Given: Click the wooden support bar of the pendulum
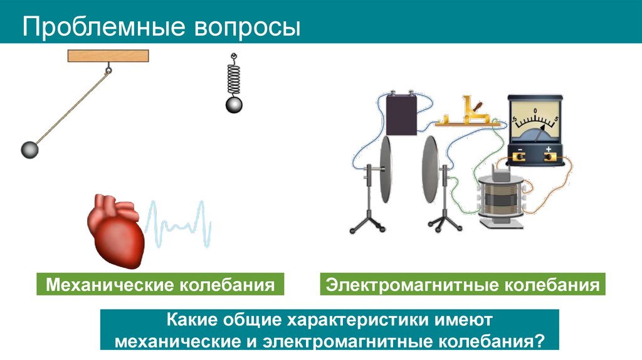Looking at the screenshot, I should click(108, 56).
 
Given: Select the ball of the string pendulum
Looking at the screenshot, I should click(30, 149).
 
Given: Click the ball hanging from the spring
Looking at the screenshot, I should click(234, 104).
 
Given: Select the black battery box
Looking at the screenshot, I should click(402, 114).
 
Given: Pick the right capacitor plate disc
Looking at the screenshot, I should click(429, 169).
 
